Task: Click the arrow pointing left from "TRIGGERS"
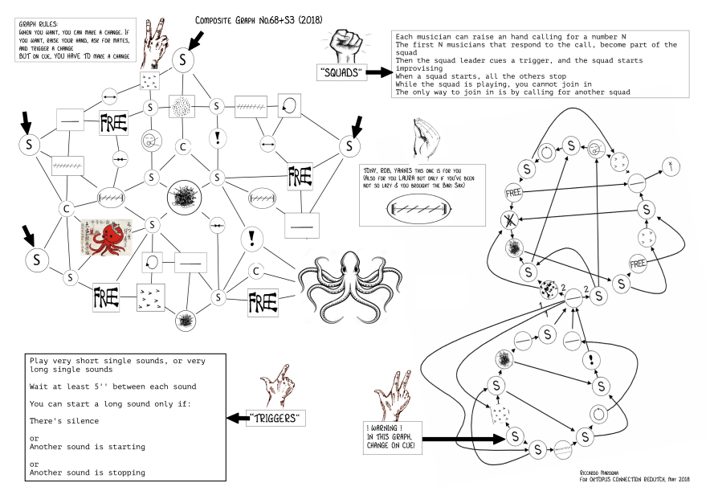pyautogui.click(x=236, y=418)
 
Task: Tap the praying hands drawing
pyautogui.click(x=422, y=137)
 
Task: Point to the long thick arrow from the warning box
pyautogui.click(x=462, y=439)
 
